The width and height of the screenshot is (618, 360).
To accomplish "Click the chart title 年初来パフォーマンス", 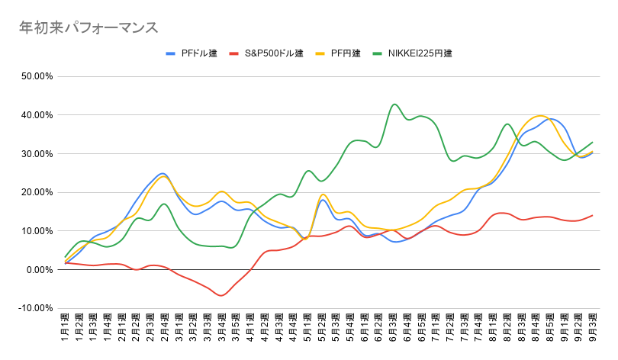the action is pyautogui.click(x=89, y=28).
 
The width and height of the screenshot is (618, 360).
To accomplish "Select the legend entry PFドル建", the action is pyautogui.click(x=192, y=53).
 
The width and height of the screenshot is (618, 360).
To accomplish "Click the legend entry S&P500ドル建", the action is pyautogui.click(x=266, y=53).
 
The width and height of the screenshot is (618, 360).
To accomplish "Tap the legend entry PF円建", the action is pyautogui.click(x=338, y=53).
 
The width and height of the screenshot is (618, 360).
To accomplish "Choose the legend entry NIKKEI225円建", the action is pyautogui.click(x=412, y=53).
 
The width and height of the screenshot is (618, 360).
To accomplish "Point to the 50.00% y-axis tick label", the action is pyautogui.click(x=37, y=76).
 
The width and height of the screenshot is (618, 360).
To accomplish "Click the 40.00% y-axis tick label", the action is pyautogui.click(x=37, y=115).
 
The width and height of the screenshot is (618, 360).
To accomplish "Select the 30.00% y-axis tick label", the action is pyautogui.click(x=37, y=153).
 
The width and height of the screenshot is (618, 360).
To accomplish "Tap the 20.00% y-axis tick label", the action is pyautogui.click(x=37, y=192).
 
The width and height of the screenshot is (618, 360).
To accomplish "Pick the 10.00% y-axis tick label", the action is pyautogui.click(x=37, y=231).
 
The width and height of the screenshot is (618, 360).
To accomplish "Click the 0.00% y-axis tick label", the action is pyautogui.click(x=40, y=270).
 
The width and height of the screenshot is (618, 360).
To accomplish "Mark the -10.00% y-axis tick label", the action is pyautogui.click(x=35, y=308).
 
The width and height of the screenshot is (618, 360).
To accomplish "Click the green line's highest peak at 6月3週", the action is pyautogui.click(x=394, y=104).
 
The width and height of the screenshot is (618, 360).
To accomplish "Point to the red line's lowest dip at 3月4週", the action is pyautogui.click(x=221, y=295).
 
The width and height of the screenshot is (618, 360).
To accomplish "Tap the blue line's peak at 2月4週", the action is pyautogui.click(x=163, y=173).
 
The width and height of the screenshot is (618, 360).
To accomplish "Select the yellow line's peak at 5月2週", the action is pyautogui.click(x=323, y=194).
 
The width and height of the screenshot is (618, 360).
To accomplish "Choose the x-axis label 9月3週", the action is pyautogui.click(x=592, y=327).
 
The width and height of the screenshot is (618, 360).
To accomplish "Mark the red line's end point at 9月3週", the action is pyautogui.click(x=592, y=215).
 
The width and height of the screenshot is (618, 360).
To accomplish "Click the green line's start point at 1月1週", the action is pyautogui.click(x=66, y=257).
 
